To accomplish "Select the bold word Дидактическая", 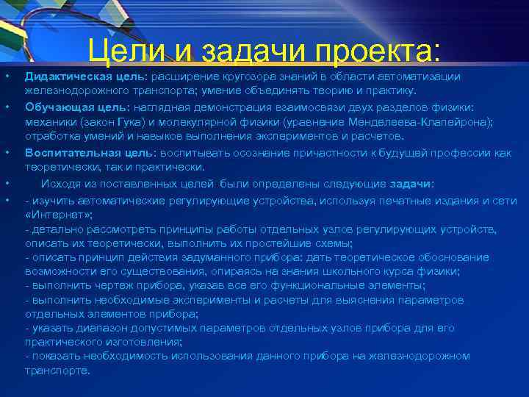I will coord(68,76).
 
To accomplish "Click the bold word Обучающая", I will coord(56,106).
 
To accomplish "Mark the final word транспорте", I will coord(57,370).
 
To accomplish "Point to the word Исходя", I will coord(58,183).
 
